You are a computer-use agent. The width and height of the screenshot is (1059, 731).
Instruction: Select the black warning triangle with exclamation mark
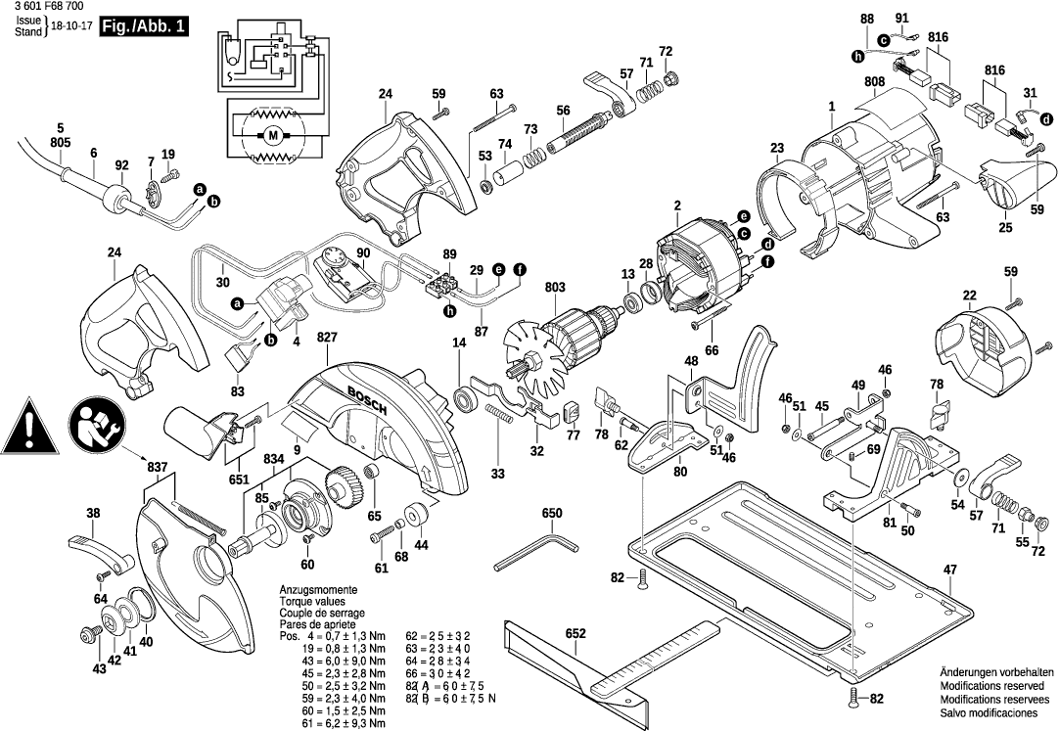pos(30,427)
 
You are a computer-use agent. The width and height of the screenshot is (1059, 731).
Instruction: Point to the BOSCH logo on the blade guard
pos(368,399)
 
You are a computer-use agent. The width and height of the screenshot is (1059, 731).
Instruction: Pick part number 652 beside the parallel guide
pos(576,634)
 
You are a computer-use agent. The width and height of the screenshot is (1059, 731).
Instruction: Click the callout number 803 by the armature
pos(555,288)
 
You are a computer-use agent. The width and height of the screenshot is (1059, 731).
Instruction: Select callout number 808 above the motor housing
pos(875,81)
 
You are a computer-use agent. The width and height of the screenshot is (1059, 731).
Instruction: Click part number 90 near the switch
pos(363,254)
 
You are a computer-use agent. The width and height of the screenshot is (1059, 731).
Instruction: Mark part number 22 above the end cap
pos(969,296)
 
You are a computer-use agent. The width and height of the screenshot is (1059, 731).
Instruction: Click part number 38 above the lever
pos(93,514)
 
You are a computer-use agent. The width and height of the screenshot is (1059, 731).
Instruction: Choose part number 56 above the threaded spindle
pos(563,110)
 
